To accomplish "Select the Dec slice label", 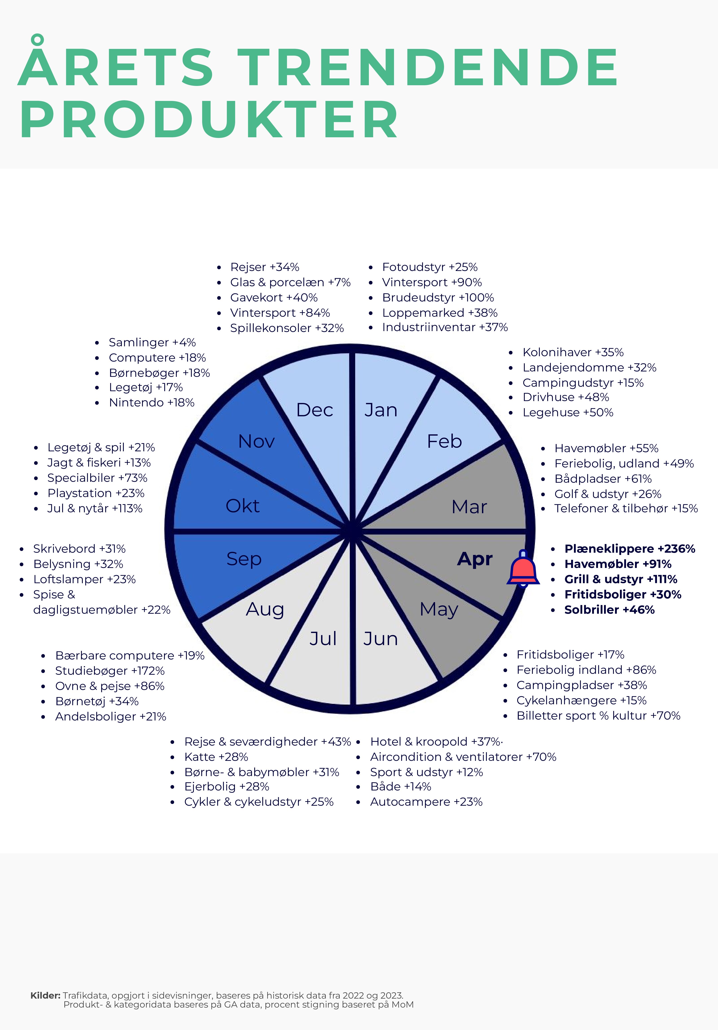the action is (x=315, y=410).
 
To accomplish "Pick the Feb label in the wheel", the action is (x=444, y=441).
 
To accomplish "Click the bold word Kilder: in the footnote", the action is (x=45, y=995).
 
